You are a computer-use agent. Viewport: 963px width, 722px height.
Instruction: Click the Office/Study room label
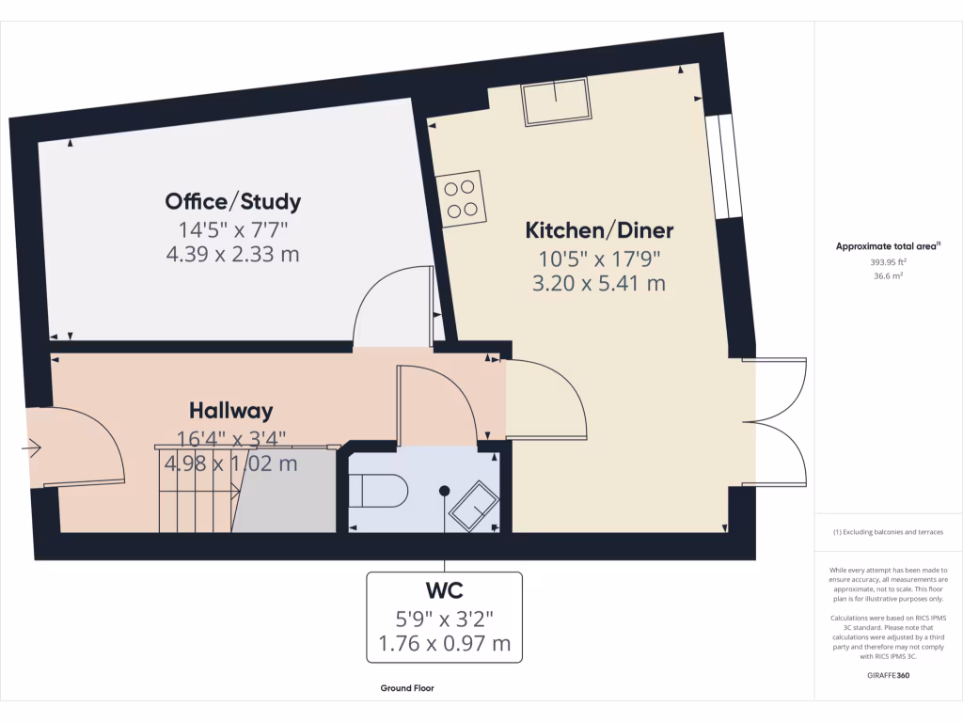(232, 201)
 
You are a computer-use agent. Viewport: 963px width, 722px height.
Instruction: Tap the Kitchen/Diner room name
(599, 230)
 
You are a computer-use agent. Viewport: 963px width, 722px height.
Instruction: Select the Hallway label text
(230, 411)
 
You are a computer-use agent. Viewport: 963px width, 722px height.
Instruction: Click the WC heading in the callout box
(443, 590)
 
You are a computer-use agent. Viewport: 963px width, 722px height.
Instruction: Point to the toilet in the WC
(378, 491)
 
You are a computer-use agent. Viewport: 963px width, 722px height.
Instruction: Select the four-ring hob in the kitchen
(462, 198)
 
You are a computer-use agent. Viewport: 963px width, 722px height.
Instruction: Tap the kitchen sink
(557, 101)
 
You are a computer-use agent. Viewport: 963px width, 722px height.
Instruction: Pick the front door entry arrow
(33, 449)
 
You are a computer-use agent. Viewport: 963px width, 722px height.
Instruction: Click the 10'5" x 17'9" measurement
(599, 258)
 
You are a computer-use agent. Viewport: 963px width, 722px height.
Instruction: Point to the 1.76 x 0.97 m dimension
(443, 644)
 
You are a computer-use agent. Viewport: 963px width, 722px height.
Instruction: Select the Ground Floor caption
(407, 688)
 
